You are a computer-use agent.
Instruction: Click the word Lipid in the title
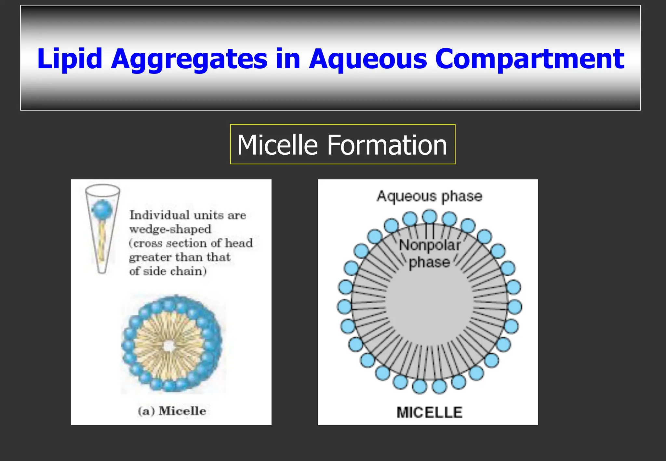70,59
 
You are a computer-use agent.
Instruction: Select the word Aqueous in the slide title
367,59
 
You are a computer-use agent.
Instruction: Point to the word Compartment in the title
529,59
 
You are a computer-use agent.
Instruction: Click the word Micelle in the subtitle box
277,145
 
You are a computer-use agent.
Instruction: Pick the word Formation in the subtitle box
387,145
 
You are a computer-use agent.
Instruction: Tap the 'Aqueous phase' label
429,196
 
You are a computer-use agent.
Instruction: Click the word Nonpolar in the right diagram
430,245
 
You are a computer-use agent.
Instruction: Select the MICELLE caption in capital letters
429,413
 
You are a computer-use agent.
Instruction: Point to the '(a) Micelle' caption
172,411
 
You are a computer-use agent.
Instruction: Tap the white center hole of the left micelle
169,347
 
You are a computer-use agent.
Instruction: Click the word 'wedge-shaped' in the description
170,229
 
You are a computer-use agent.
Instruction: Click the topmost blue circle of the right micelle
430,217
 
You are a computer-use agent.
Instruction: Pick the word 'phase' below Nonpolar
429,262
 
